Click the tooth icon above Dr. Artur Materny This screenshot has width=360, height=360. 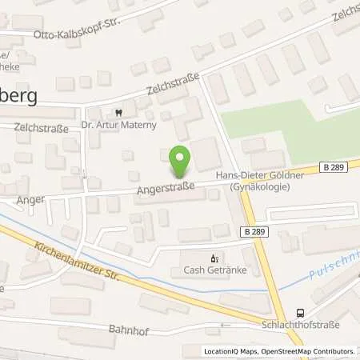click(119, 112)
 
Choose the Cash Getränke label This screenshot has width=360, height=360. click(213, 270)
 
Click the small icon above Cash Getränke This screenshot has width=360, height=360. click(213, 258)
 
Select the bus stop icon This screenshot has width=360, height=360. click(300, 313)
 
